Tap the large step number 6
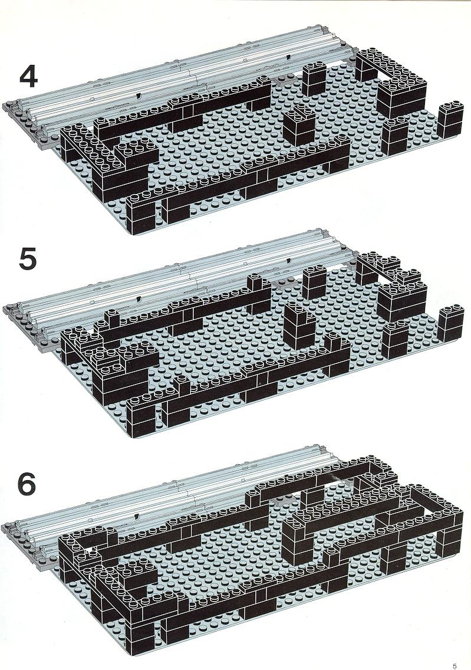[27, 485]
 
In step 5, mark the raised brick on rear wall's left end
[112, 320]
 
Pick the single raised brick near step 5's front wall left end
[183, 386]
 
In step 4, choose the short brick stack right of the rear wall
[314, 79]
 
